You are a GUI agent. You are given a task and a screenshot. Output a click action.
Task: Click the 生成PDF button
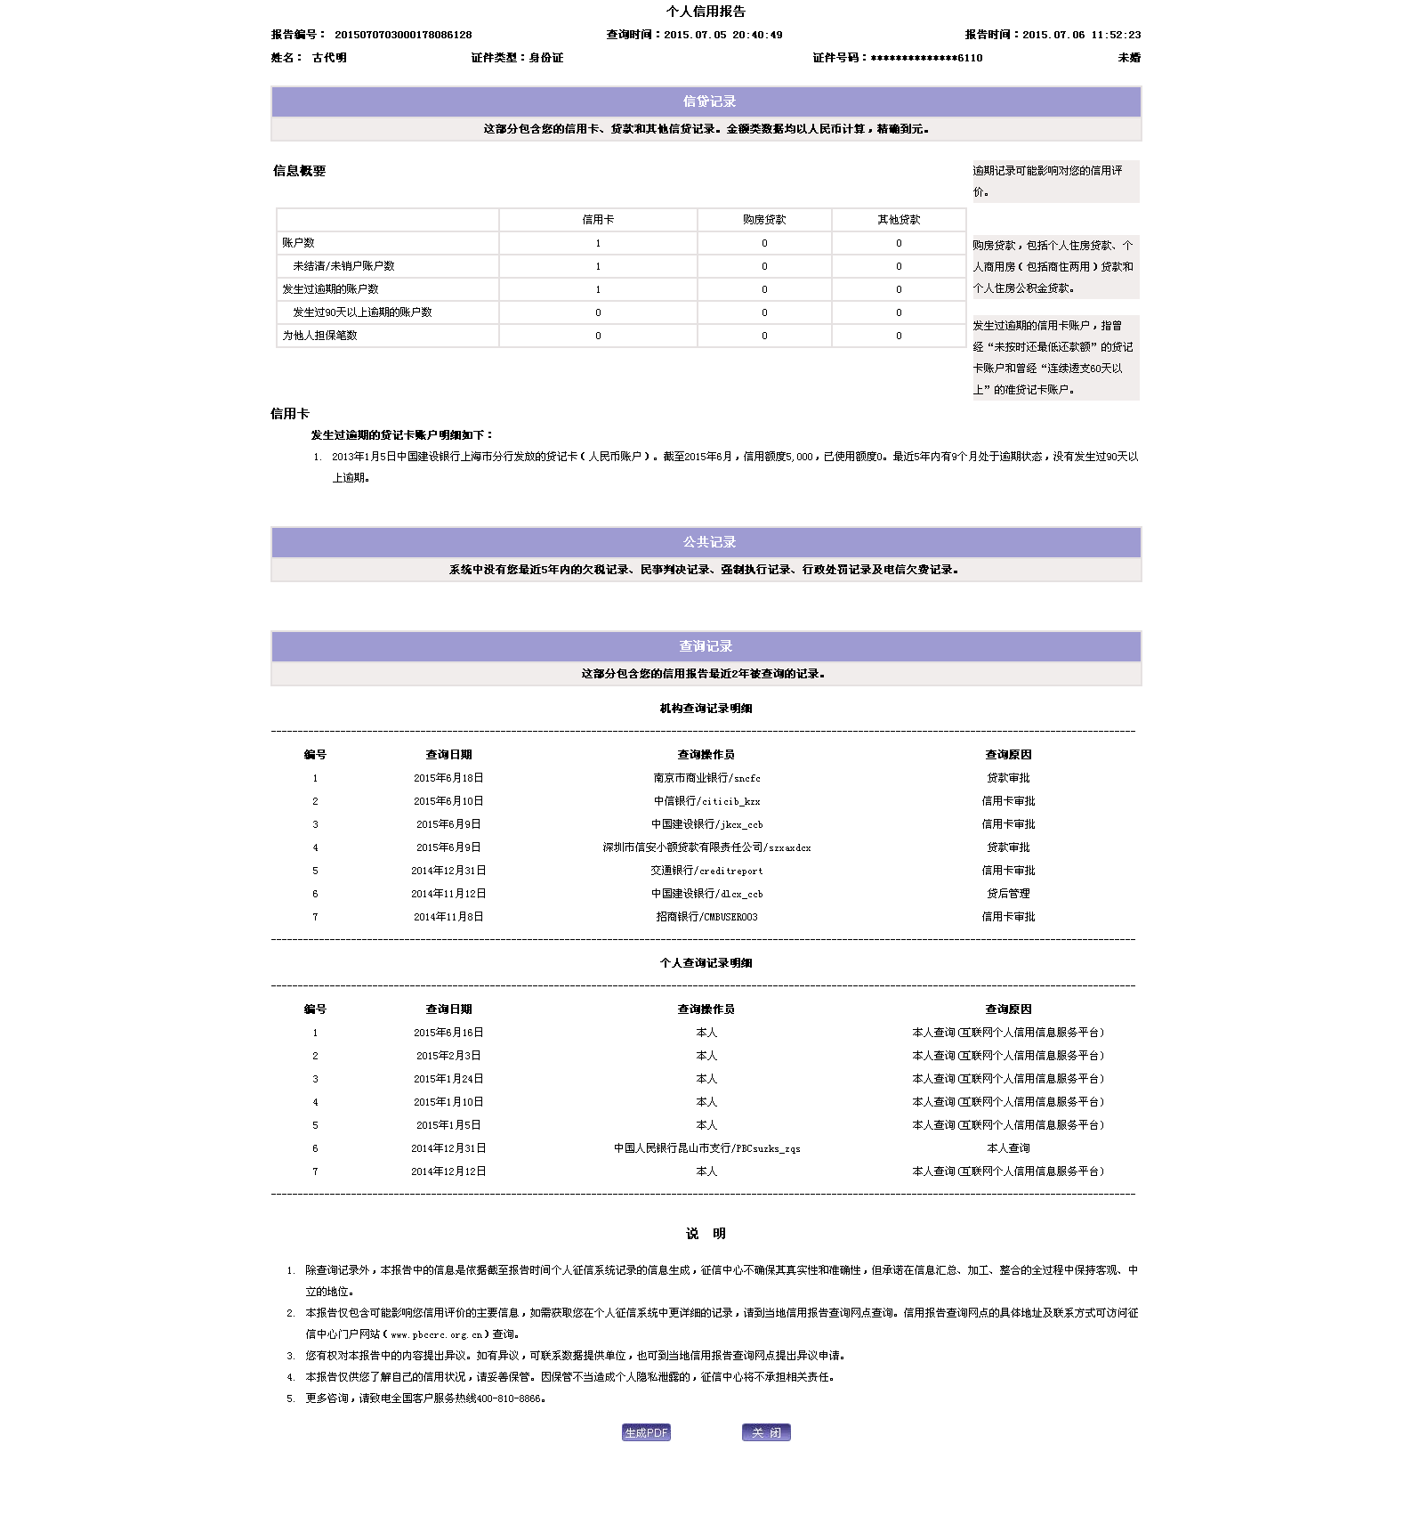[646, 1432]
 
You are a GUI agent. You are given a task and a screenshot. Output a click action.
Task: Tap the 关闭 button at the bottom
[766, 1432]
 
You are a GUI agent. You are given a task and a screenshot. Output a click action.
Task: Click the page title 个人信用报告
[706, 12]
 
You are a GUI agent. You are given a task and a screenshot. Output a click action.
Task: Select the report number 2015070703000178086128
[403, 35]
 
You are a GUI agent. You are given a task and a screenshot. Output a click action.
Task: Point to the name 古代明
[329, 58]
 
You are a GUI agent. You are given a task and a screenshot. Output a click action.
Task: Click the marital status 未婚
[1129, 58]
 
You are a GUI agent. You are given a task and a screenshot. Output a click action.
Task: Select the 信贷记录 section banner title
[709, 101]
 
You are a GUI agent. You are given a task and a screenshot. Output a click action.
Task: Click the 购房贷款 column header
[764, 220]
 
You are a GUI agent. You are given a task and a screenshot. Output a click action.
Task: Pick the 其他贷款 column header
[899, 220]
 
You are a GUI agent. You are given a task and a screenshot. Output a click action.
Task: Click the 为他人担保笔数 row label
[319, 336]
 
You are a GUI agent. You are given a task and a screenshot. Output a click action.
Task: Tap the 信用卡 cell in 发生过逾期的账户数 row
[598, 289]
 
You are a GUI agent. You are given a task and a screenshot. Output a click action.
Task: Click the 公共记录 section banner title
[709, 542]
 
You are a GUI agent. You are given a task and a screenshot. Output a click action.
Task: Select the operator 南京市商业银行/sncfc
[706, 778]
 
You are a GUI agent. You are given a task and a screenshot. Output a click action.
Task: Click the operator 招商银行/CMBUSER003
[706, 917]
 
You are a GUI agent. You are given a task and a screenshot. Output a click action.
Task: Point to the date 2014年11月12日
[448, 894]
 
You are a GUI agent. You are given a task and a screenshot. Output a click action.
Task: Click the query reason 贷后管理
[1008, 894]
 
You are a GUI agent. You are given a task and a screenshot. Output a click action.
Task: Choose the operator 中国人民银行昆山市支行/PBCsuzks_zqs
[706, 1148]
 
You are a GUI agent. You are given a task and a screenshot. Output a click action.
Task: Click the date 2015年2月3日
[448, 1056]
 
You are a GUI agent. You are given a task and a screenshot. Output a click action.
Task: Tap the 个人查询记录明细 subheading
[706, 963]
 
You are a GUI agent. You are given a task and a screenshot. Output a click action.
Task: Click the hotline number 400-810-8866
[509, 1398]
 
